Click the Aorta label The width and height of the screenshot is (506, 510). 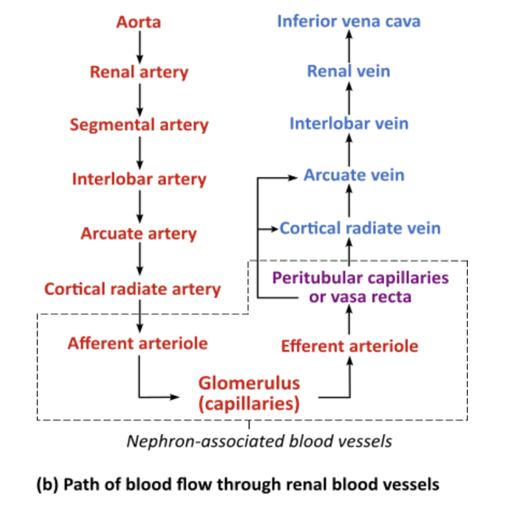pos(139,22)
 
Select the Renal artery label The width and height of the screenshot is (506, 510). pos(139,71)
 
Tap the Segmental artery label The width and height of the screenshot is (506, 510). pos(139,125)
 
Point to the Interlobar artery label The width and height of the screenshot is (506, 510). pos(139,180)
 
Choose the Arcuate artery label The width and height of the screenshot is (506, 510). pos(139,234)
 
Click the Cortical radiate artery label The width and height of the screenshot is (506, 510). pos(133,289)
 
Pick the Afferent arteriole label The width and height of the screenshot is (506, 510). pos(137,343)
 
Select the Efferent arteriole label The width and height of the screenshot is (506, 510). pos(350,346)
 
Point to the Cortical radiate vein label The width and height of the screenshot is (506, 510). pos(360,228)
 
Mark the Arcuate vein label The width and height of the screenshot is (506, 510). pos(354,175)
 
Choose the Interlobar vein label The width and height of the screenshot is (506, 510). pos(349,124)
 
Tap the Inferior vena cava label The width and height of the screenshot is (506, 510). pos(349,21)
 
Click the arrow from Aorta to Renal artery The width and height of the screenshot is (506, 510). pos(139,46)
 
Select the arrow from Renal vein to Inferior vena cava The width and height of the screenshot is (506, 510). pos(349,46)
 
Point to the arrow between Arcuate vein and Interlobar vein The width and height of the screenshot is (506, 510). pos(349,150)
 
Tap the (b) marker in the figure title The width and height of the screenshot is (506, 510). pos(45,485)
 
